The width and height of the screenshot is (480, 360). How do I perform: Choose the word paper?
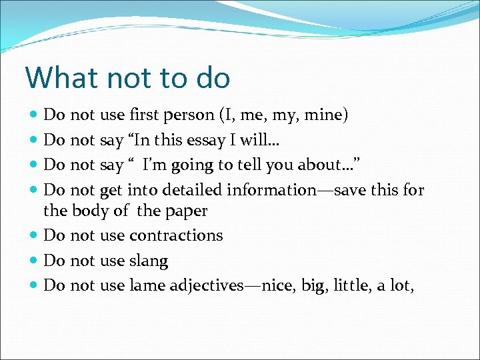pyautogui.click(x=187, y=211)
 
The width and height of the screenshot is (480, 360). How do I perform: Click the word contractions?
pyautogui.click(x=176, y=235)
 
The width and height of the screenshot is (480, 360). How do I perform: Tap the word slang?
pyautogui.click(x=149, y=261)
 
